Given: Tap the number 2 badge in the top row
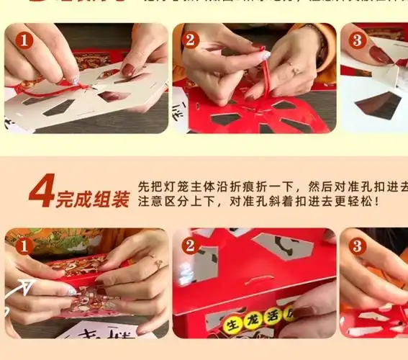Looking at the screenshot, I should pos(190,40).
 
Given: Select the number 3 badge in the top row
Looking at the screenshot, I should pos(358,40).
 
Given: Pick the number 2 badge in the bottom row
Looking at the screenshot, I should pos(190,246).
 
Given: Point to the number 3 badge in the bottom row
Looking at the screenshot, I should pos(358,246).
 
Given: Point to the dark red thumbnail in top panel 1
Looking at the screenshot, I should pos(128,70).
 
